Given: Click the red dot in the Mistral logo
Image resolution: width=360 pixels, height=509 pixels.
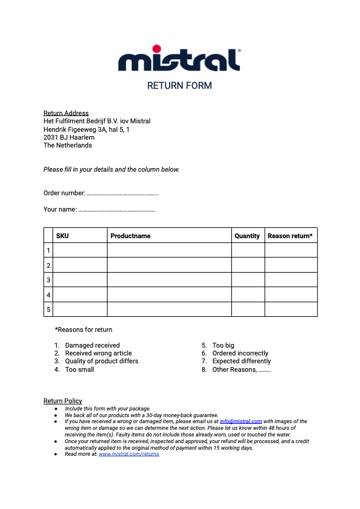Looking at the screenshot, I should pyautogui.click(x=156, y=48).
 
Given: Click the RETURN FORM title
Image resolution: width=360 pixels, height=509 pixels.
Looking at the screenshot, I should pyautogui.click(x=179, y=86).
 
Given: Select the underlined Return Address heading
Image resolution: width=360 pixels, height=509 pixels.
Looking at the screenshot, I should pyautogui.click(x=66, y=113).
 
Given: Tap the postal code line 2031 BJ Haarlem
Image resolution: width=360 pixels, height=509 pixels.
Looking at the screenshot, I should pyautogui.click(x=69, y=137).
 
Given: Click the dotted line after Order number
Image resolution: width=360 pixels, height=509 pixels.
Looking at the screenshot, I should pyautogui.click(x=123, y=193).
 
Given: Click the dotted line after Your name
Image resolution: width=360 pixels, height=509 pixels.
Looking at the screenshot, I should pyautogui.click(x=117, y=210).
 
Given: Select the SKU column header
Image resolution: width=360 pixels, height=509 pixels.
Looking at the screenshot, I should pyautogui.click(x=62, y=236).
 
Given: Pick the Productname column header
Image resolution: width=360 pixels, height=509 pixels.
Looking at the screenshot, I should pyautogui.click(x=130, y=236).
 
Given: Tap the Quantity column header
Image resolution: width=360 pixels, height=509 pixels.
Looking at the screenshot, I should pyautogui.click(x=247, y=236).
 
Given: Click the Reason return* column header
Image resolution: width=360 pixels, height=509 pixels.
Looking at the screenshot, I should pyautogui.click(x=290, y=236).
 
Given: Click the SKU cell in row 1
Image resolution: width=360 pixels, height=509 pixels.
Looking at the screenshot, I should pyautogui.click(x=80, y=250).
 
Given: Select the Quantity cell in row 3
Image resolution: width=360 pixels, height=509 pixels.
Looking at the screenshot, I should pyautogui.click(x=248, y=280).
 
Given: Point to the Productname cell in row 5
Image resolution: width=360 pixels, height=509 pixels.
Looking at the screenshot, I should pyautogui.click(x=169, y=310).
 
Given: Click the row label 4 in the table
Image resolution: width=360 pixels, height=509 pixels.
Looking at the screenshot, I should pyautogui.click(x=48, y=295).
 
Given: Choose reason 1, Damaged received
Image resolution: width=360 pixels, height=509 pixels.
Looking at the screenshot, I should pyautogui.click(x=92, y=346).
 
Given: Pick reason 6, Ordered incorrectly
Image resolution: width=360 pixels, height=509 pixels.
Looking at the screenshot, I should pyautogui.click(x=240, y=354).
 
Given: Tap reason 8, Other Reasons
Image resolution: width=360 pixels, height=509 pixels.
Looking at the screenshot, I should pyautogui.click(x=241, y=369).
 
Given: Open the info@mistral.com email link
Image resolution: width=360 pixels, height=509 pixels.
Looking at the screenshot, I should pyautogui.click(x=240, y=421).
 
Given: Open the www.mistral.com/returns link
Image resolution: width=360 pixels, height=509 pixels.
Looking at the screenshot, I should pyautogui.click(x=129, y=454).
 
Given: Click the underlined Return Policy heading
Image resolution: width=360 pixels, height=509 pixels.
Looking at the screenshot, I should pyautogui.click(x=63, y=401).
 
